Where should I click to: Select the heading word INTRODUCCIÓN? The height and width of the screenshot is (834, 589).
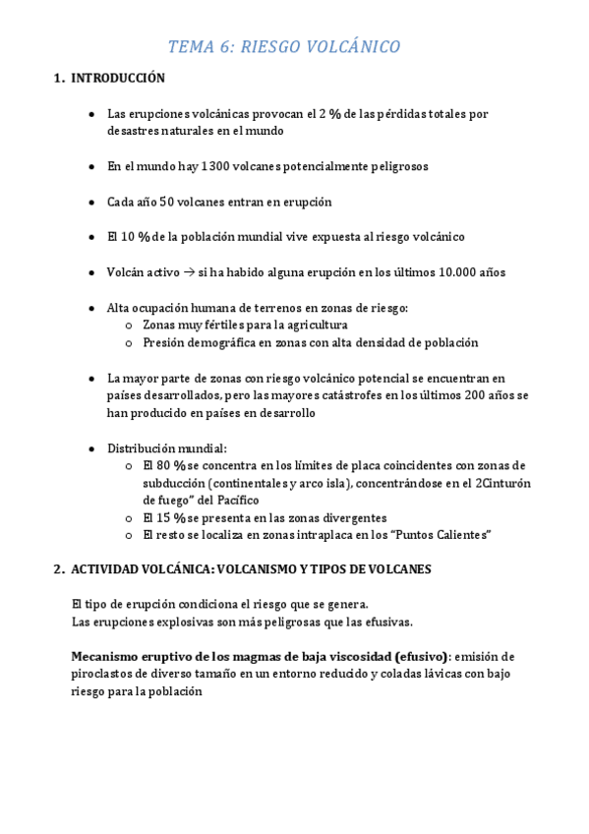[117, 78]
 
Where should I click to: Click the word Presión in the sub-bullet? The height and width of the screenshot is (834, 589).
[164, 342]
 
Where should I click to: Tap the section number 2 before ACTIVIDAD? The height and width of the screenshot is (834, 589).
[58, 569]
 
